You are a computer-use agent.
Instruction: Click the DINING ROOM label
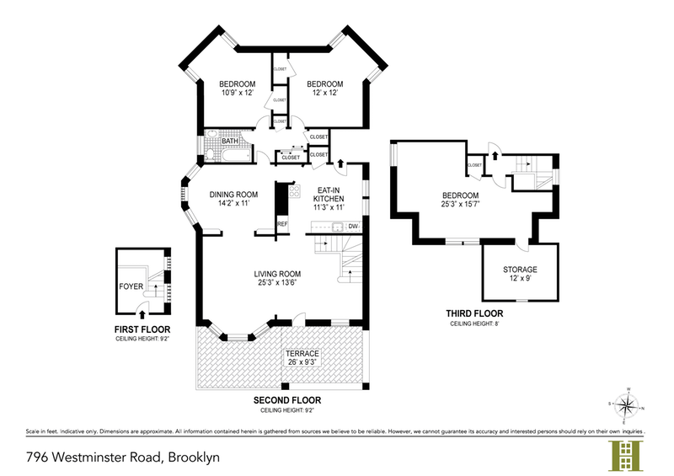tap(233, 194)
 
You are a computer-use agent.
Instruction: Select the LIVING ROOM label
tap(278, 273)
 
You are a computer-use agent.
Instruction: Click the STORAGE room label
tap(520, 270)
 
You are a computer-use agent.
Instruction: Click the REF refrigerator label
tap(282, 223)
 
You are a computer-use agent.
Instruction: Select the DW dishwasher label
tap(353, 226)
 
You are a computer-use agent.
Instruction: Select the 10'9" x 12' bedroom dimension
tap(237, 93)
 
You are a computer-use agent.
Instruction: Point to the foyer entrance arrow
tap(152, 313)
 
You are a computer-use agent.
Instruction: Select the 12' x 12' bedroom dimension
tap(324, 93)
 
